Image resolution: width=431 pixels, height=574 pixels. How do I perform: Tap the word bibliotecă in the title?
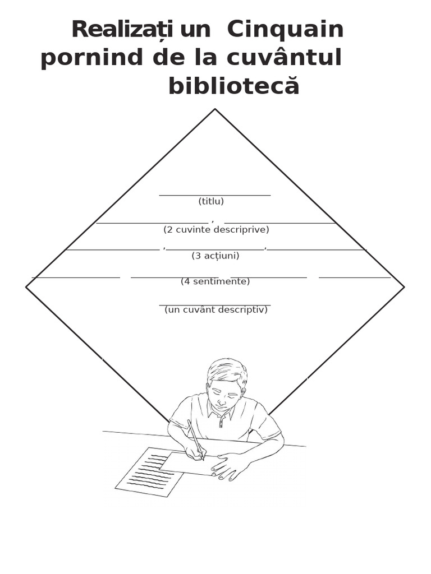[x=234, y=87]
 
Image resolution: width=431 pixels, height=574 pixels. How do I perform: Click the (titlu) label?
[x=211, y=201]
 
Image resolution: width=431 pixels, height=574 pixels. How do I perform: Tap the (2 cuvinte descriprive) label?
[x=216, y=230]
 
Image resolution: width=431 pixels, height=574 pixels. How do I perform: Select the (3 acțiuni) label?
[x=215, y=256]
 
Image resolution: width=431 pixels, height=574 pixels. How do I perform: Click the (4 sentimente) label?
[x=215, y=281]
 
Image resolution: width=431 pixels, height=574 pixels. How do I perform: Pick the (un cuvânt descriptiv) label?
[x=216, y=310]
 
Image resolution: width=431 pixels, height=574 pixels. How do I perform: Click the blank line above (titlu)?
[x=215, y=195]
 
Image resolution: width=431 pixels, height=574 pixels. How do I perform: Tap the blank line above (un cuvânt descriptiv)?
[x=215, y=305]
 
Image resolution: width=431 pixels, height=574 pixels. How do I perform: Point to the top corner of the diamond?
[x=215, y=109]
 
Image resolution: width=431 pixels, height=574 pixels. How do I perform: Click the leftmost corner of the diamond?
[x=26, y=287]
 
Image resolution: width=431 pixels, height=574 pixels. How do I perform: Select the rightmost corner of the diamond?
[x=404, y=287]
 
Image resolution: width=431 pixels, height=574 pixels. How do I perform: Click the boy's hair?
[x=227, y=370]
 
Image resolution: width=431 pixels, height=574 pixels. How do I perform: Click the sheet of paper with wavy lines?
[x=149, y=472]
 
